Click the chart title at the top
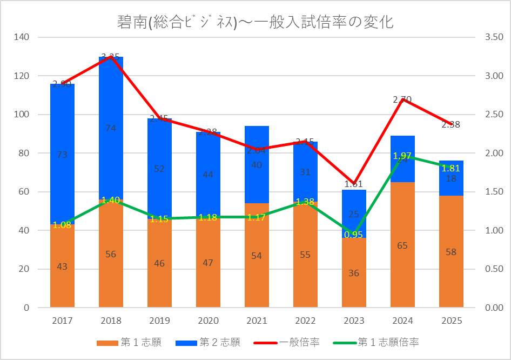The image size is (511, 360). tap(255, 22)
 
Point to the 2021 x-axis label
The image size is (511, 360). tap(257, 321)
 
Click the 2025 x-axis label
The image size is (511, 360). tap(451, 321)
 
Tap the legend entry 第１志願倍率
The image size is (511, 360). tap(388, 342)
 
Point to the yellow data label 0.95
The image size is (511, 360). tap(354, 235)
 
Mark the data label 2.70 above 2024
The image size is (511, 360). tap(402, 99)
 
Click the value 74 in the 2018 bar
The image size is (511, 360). tap(111, 128)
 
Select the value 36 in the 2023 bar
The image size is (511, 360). tap(354, 273)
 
